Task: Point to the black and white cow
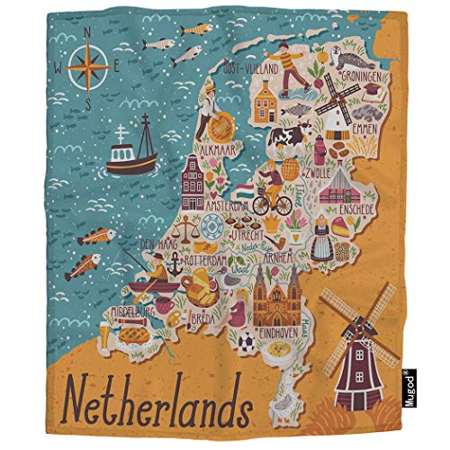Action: coord(290,136)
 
